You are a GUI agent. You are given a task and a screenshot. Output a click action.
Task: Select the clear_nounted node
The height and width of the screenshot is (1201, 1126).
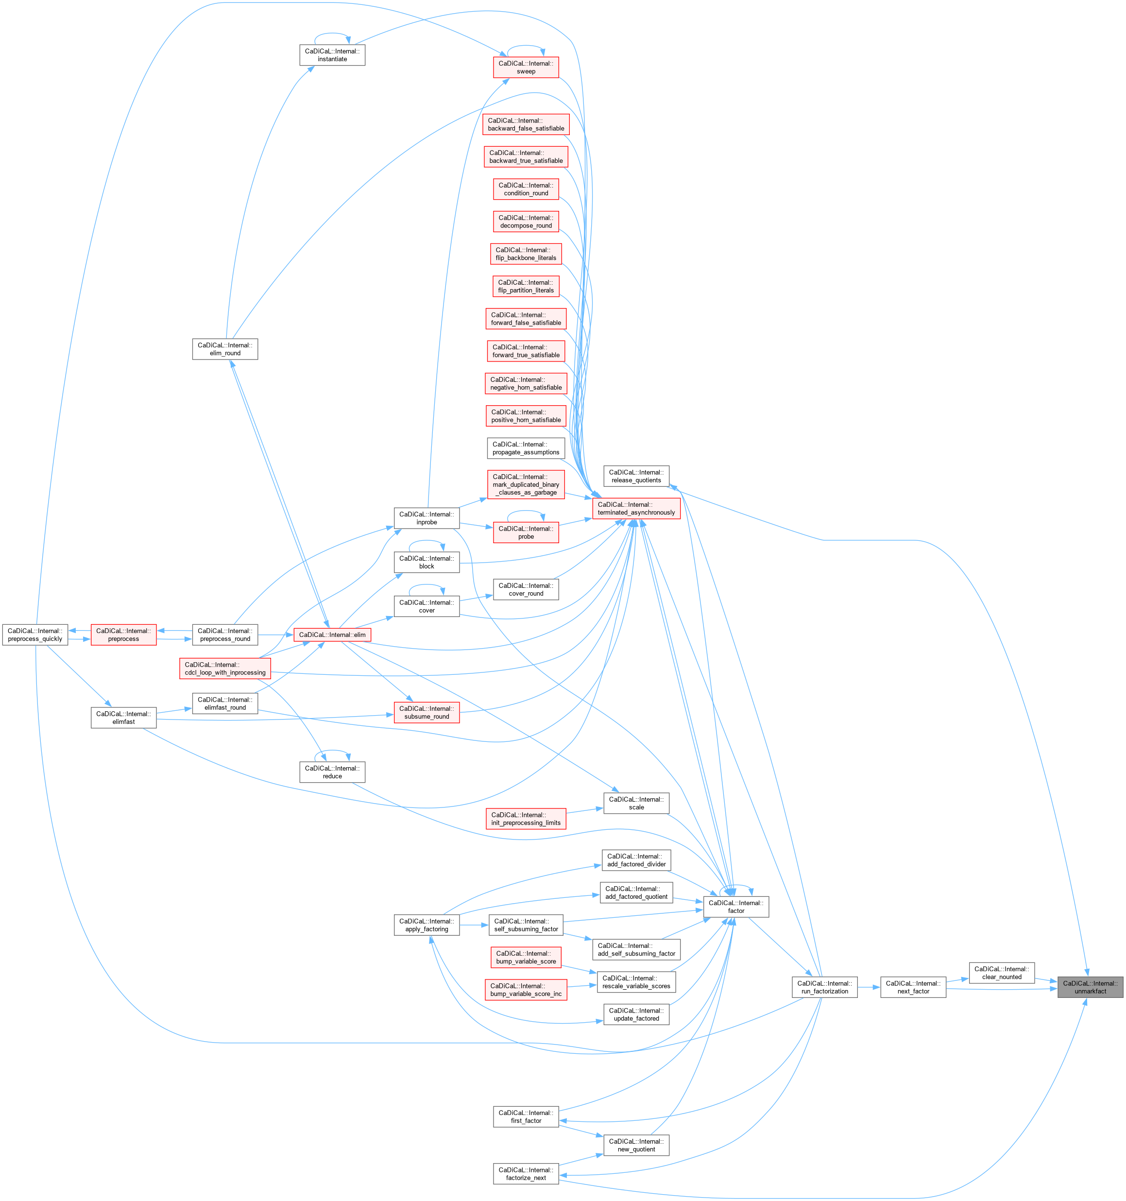point(1002,973)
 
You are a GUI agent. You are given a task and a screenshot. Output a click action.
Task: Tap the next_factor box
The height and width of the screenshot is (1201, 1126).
point(913,987)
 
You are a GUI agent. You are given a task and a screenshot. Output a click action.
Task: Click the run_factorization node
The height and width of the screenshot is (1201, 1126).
point(824,987)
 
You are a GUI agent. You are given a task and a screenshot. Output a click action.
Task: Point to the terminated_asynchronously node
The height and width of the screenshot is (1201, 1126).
point(636,509)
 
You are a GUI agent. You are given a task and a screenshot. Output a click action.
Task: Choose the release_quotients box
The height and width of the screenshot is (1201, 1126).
point(636,476)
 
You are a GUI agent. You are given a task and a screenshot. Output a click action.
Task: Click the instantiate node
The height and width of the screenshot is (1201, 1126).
point(332,55)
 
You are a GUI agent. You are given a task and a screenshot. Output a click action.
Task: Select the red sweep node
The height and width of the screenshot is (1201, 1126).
point(526,67)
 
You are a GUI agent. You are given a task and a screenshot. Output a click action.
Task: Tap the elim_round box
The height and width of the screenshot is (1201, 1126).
point(225,349)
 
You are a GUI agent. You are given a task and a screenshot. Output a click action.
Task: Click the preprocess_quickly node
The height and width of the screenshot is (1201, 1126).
point(35,635)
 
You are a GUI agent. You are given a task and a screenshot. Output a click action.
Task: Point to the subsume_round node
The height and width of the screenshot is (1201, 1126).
point(427,712)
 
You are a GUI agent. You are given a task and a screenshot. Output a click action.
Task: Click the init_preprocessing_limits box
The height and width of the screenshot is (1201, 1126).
point(526,819)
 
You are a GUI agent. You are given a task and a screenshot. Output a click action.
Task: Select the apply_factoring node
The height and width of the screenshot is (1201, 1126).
point(427,925)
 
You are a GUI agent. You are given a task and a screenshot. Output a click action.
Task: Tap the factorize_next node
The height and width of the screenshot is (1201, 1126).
point(526,1174)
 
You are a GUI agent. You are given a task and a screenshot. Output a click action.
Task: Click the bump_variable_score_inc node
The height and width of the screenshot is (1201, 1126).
point(526,990)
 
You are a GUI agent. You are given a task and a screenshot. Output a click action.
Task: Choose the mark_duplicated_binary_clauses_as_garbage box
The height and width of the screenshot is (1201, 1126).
point(526,484)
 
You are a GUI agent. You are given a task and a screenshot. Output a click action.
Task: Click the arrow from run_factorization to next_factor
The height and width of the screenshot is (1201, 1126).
point(869,987)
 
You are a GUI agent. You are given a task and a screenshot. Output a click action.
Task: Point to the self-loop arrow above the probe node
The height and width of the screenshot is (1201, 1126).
point(526,512)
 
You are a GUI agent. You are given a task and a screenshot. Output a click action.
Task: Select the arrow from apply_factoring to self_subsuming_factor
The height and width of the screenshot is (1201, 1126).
point(474,925)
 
